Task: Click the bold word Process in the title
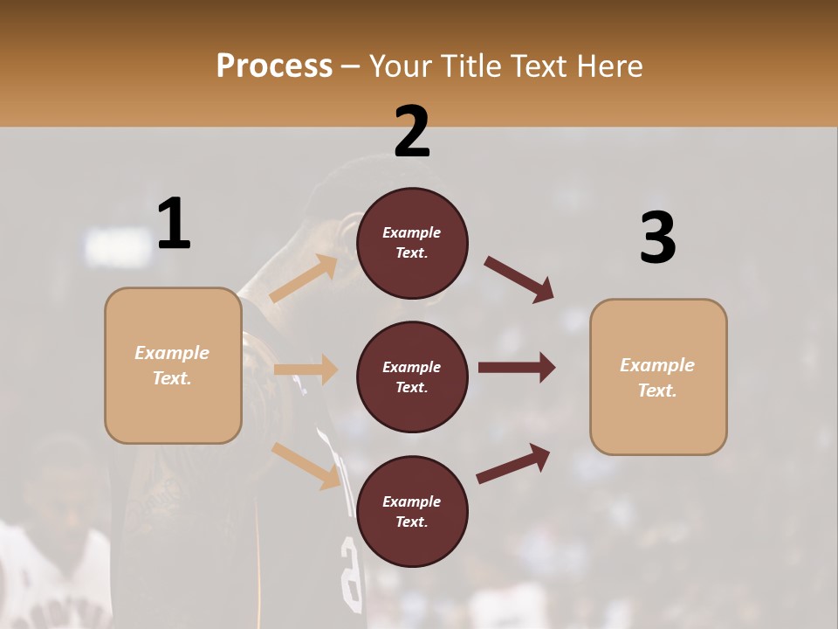[274, 66]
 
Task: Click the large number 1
[174, 225]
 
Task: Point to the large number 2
[412, 133]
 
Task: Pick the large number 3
[657, 238]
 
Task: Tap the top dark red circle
[412, 243]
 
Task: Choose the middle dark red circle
[412, 377]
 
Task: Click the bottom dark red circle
[412, 512]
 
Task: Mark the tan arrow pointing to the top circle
[304, 279]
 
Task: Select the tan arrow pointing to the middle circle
[306, 370]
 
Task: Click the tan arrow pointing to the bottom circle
[306, 465]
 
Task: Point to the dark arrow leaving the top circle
[519, 280]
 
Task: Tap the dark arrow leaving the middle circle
[517, 368]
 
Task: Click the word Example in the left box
[172, 353]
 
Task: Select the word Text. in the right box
[657, 391]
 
